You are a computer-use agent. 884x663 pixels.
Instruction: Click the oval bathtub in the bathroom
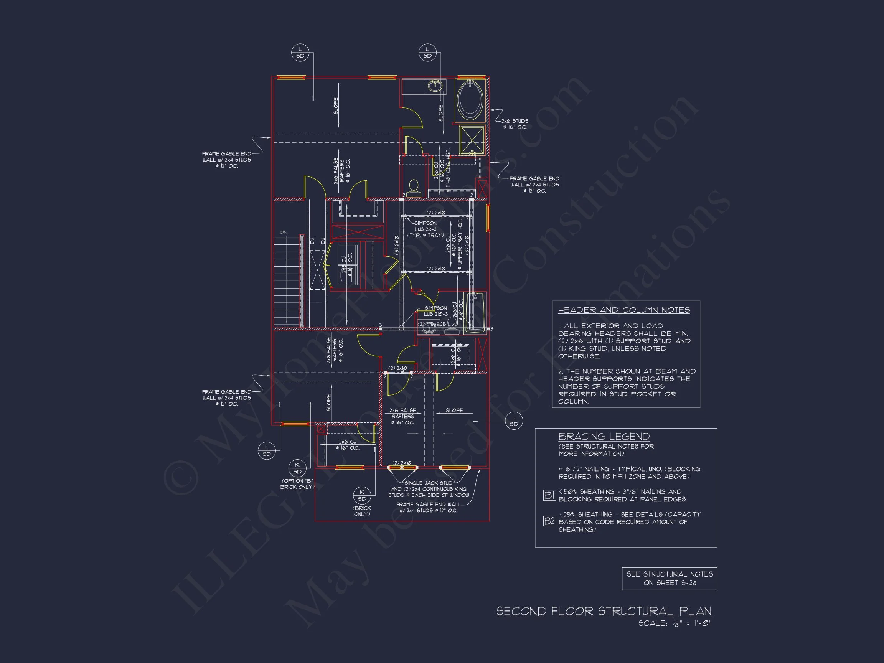pos(470,100)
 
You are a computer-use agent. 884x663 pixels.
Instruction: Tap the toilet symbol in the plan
pos(414,188)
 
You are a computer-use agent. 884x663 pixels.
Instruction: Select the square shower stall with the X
pos(472,140)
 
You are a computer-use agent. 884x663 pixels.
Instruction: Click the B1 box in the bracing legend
pos(549,496)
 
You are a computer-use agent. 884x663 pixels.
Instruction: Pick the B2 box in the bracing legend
pos(549,521)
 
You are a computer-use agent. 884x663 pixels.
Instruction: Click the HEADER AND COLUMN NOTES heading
pos(623,310)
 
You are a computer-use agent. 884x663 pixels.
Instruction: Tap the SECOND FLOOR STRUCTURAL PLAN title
pos(604,611)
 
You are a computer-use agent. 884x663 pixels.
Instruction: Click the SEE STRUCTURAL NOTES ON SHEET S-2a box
pos(670,578)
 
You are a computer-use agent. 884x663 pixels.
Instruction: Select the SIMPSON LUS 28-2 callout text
pos(425,229)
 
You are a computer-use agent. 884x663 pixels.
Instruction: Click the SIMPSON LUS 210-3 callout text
pos(435,311)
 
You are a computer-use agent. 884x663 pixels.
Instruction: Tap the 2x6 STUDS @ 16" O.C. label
pos(515,124)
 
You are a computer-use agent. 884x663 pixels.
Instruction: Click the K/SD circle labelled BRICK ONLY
pos(362,496)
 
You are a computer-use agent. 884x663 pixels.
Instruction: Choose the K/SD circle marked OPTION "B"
pos(297,468)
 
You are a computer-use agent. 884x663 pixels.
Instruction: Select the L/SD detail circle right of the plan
pos(514,421)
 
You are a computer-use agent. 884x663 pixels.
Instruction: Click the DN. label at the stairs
pos(284,232)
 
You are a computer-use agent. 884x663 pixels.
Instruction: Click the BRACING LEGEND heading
pos(604,436)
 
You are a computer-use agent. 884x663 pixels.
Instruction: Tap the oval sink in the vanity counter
pos(435,85)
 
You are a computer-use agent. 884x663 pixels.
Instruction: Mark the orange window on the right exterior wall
pos(488,218)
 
